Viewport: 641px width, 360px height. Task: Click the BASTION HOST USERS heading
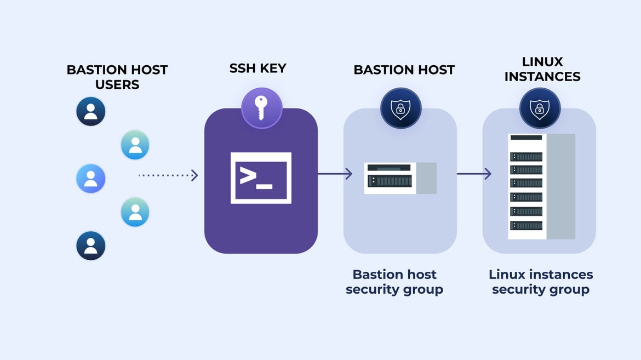coord(117,77)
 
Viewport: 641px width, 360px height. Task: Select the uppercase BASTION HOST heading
coord(404,70)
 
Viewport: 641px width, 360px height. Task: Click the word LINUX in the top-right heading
coord(542,62)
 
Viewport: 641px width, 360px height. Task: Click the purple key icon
coord(261,108)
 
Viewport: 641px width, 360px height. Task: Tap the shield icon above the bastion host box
coord(400,108)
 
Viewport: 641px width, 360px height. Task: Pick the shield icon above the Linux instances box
coord(540,108)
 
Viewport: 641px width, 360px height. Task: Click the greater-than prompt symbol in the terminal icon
coord(248,176)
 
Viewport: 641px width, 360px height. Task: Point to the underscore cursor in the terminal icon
coord(265,187)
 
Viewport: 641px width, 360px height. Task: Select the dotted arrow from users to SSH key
coord(168,175)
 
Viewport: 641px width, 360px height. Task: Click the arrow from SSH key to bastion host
coord(335,174)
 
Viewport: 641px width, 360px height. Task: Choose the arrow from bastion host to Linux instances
coord(474,174)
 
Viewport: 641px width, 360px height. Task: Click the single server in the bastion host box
coord(400,178)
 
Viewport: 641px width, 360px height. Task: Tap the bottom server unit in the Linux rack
coord(526,225)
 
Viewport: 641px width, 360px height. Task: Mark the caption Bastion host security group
coord(394,282)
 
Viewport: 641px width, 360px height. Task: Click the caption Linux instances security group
coord(541,282)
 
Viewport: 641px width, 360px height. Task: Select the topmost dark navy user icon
coord(91,111)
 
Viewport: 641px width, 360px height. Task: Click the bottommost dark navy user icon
coord(91,245)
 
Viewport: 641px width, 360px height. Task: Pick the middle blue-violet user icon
coord(91,179)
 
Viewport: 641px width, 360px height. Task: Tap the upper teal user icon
coord(135,145)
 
